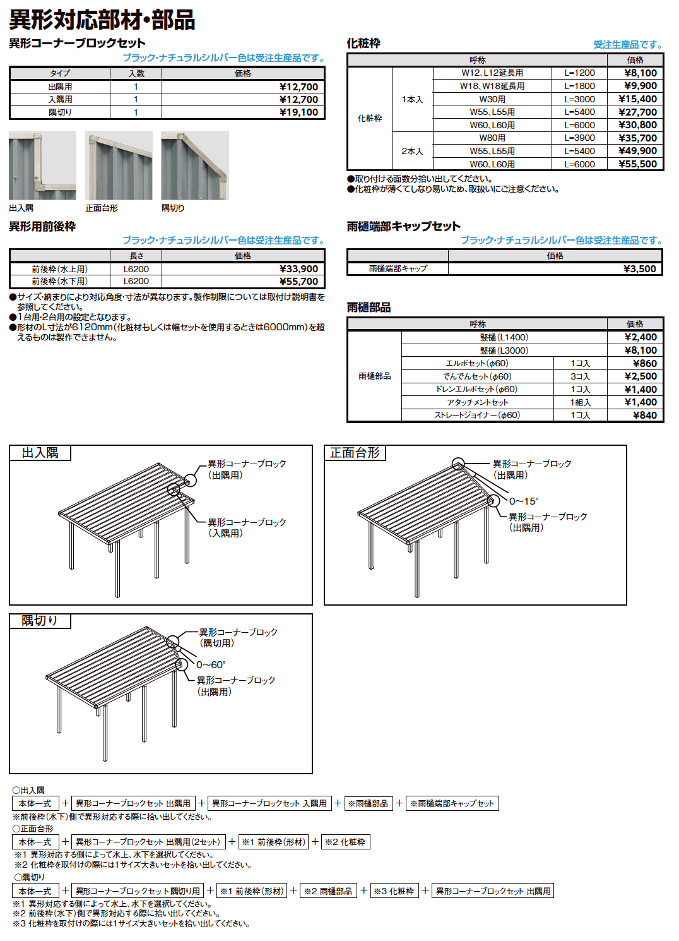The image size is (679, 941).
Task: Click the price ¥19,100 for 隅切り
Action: tap(298, 112)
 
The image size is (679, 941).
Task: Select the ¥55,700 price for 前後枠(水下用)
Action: tap(298, 282)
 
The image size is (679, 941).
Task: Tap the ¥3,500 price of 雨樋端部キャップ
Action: tap(639, 269)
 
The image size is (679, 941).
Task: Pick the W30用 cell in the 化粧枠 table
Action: tap(492, 99)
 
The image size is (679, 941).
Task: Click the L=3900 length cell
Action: tap(579, 138)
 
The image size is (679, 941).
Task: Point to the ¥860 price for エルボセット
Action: tap(644, 364)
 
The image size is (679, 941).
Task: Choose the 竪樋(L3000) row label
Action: tap(504, 351)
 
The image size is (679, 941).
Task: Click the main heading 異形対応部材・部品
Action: tap(102, 20)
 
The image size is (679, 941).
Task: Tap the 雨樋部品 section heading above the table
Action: tap(369, 308)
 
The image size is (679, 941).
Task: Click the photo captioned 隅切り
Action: tap(194, 165)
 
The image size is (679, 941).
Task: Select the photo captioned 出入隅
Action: tap(42, 165)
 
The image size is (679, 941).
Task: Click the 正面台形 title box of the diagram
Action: tap(355, 453)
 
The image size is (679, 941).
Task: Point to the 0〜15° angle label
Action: tap(524, 501)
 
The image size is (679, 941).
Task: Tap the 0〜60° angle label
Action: tap(211, 665)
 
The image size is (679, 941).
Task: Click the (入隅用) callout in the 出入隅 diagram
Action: tap(225, 534)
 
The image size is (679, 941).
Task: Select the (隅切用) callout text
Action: tap(216, 644)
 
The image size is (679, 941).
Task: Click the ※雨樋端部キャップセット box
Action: tap(452, 803)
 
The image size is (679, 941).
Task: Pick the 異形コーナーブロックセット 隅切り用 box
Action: tap(138, 891)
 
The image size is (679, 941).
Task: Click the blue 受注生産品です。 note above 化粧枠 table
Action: tap(627, 45)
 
